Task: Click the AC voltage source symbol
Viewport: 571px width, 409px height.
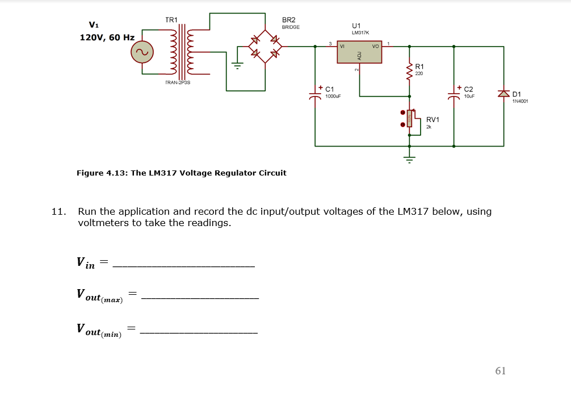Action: tap(142, 53)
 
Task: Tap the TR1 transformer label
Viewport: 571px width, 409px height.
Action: tap(171, 20)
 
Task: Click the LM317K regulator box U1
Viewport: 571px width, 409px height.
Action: tap(359, 52)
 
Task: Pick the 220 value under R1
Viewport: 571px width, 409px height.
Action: tap(419, 74)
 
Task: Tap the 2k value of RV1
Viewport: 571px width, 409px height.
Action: tap(429, 127)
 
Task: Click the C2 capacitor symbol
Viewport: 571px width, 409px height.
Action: tap(454, 95)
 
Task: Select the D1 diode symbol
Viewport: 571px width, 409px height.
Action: tap(503, 94)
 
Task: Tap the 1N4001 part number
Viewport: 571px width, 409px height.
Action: tap(520, 102)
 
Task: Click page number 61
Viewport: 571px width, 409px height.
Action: tap(500, 371)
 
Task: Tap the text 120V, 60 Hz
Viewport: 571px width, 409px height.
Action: tap(107, 37)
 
